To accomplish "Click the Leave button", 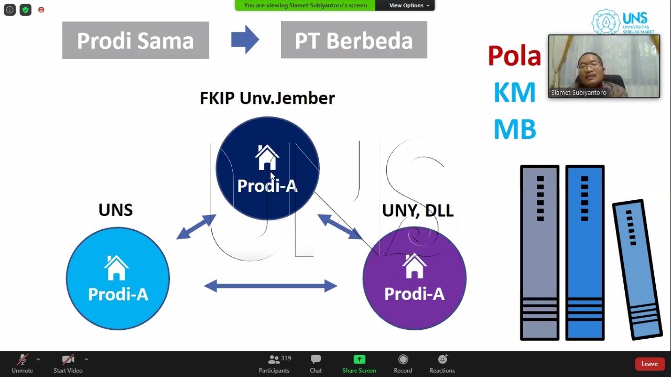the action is [x=649, y=364].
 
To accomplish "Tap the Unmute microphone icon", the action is [x=23, y=359].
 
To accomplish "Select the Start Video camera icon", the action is [x=68, y=359].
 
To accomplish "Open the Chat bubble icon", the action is [x=316, y=359].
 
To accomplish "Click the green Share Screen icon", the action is [x=359, y=359].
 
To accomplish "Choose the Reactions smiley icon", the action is [x=443, y=359].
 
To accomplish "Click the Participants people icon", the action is [x=274, y=359].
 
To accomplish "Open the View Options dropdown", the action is [x=409, y=5].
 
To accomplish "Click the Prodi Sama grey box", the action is [x=136, y=40].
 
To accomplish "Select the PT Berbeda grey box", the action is [x=354, y=40].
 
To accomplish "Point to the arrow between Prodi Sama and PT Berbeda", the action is [x=245, y=39].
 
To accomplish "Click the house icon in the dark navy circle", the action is [x=267, y=157].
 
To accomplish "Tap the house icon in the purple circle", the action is [x=414, y=266].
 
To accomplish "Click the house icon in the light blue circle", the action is [x=116, y=267].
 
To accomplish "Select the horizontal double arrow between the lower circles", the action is [x=270, y=286].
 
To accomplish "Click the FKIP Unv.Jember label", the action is [x=267, y=98].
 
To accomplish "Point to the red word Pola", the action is [x=514, y=56].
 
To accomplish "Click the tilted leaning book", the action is [x=637, y=270].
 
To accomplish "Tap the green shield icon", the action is [x=26, y=10].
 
